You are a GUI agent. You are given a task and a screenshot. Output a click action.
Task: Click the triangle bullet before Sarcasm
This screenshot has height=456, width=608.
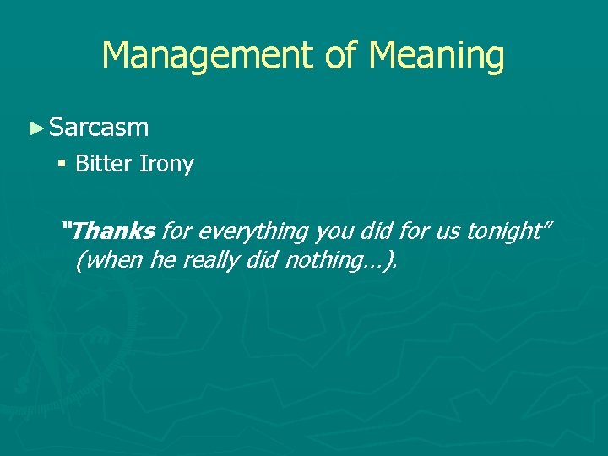click(x=35, y=128)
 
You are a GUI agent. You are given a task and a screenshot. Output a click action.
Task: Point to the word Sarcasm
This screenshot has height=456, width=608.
click(x=99, y=128)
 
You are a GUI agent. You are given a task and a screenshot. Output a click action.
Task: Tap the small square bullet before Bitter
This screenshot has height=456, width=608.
click(x=63, y=163)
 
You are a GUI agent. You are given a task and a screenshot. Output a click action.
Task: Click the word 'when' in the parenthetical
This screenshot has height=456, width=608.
click(x=113, y=261)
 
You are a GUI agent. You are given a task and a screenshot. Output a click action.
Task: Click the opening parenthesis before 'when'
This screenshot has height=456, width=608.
click(x=79, y=261)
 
